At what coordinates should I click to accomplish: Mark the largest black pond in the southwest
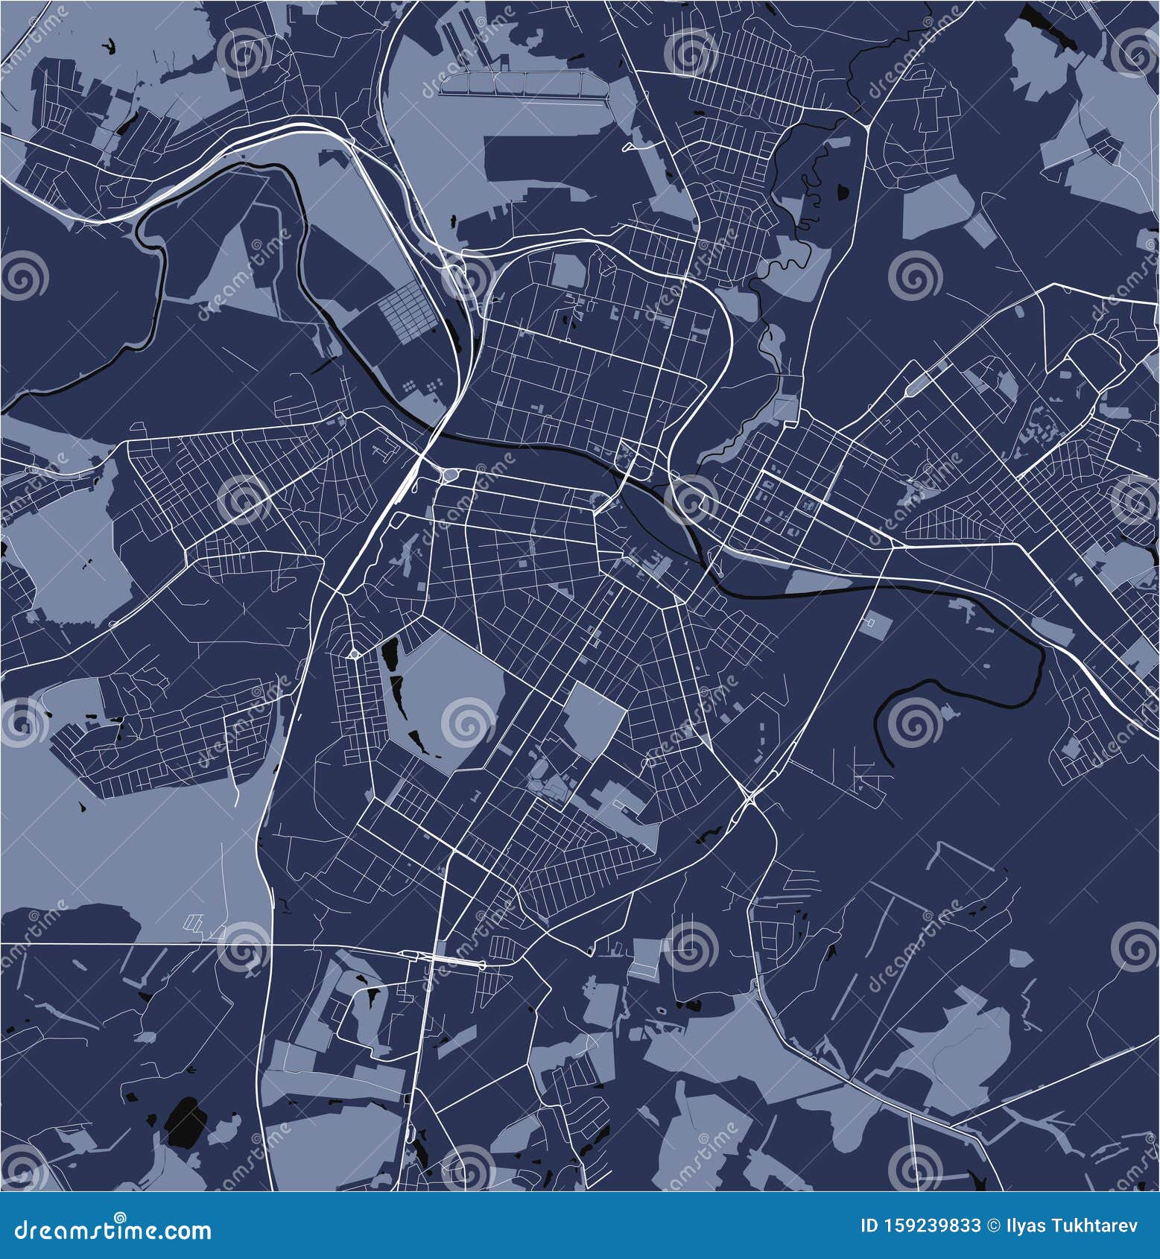(186, 1125)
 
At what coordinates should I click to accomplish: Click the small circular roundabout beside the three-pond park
(355, 655)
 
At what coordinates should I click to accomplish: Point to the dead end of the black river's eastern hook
(892, 763)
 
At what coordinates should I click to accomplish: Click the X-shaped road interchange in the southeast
(749, 800)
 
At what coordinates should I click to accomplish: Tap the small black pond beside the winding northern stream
(843, 193)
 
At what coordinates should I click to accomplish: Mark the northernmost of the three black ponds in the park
(389, 656)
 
